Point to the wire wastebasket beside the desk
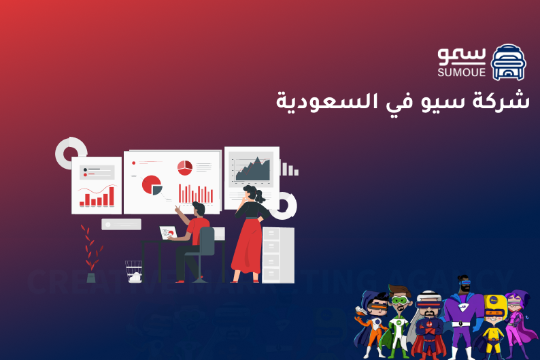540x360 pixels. (x=134, y=271)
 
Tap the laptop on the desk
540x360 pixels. (x=167, y=233)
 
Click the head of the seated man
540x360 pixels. (x=198, y=208)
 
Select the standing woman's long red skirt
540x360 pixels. (x=246, y=245)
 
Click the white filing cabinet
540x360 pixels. (x=278, y=254)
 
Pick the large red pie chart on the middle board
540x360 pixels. (x=152, y=184)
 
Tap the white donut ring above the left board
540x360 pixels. (x=71, y=152)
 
